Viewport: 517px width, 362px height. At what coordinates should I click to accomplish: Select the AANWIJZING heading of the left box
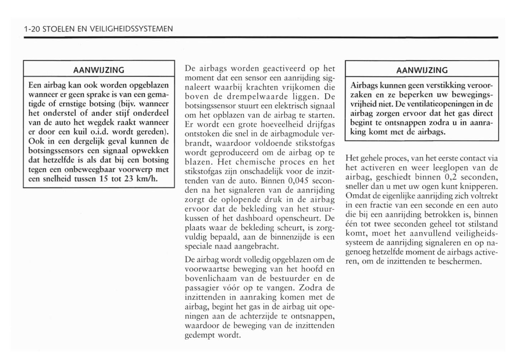99,70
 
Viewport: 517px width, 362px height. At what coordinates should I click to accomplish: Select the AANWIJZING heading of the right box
422,70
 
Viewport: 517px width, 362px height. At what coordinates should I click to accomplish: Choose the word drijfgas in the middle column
320,125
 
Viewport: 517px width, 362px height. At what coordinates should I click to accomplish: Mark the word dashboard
255,218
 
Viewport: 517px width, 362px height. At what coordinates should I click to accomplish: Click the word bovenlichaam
207,278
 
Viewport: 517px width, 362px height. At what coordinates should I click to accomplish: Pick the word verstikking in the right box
446,86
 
